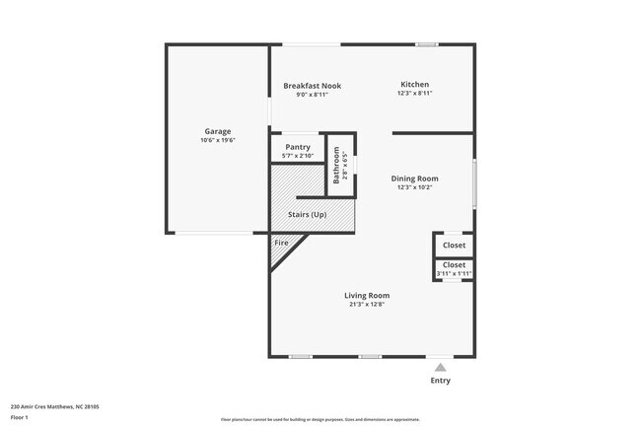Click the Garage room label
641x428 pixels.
(218, 131)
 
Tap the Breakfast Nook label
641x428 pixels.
(312, 86)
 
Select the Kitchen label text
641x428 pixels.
(414, 84)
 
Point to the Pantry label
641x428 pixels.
(297, 147)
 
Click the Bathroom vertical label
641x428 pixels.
(337, 165)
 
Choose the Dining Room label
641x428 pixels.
(414, 178)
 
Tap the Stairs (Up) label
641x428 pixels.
(307, 215)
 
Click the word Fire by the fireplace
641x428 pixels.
(281, 242)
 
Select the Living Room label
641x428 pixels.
(366, 296)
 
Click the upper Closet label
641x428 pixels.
(454, 245)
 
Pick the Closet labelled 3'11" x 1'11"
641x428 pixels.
(454, 265)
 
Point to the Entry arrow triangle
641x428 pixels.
(440, 366)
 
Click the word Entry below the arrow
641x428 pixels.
(440, 381)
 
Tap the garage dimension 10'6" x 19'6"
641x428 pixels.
(218, 140)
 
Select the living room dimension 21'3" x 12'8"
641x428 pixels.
(366, 305)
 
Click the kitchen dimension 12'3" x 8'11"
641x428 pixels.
(414, 94)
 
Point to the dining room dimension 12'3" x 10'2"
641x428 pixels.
(414, 187)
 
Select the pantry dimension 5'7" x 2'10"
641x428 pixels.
(297, 156)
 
